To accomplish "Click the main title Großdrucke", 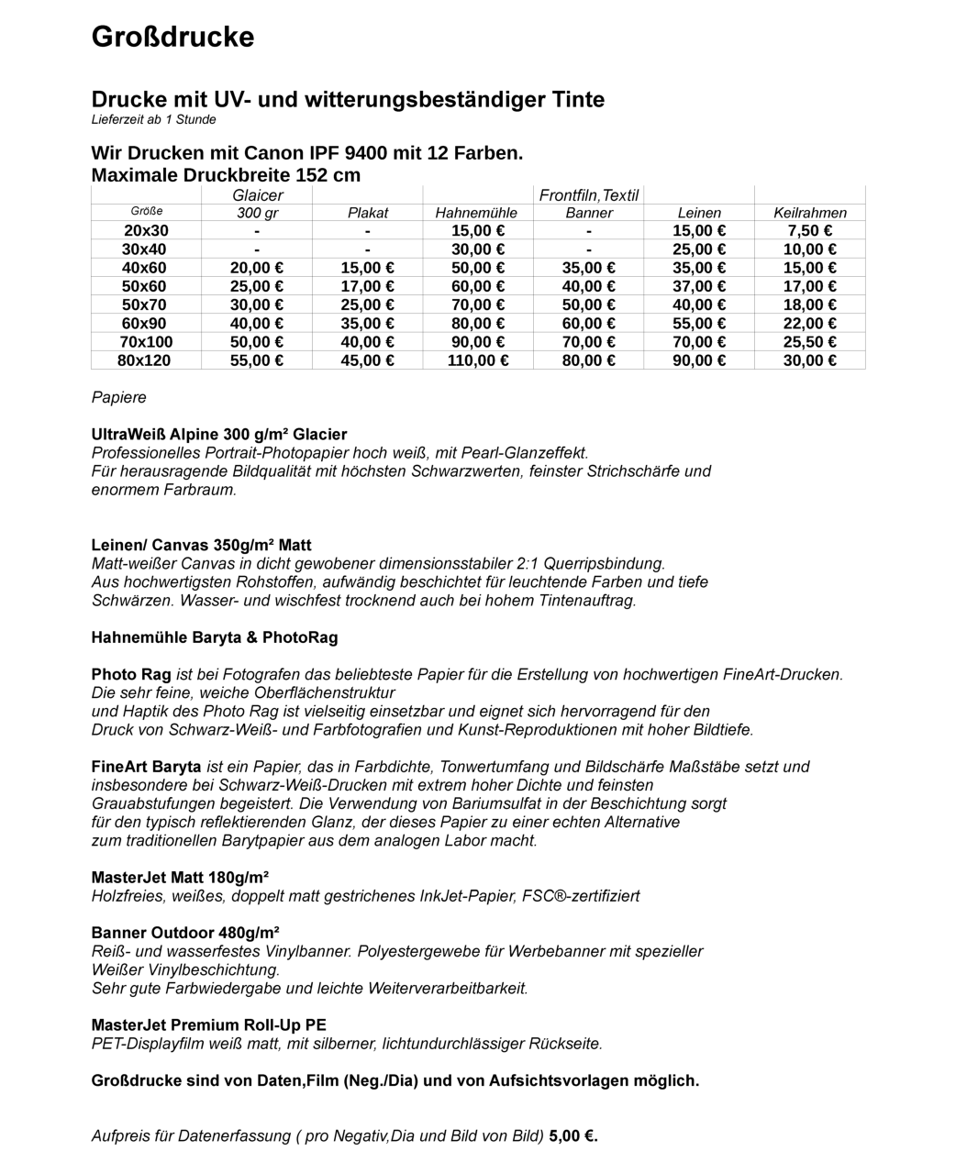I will [172, 38].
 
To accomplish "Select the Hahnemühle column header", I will [476, 213].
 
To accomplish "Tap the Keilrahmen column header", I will [809, 213].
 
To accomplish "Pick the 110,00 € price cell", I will [478, 360].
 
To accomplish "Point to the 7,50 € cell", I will [809, 231].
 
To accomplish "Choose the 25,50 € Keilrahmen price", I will [809, 342].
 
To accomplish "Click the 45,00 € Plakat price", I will [367, 360].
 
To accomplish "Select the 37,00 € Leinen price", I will [699, 286].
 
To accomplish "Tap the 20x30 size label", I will [146, 231].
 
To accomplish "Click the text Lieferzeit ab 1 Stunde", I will [154, 120].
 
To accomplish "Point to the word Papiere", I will [118, 397].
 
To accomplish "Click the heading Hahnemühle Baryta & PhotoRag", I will [215, 637].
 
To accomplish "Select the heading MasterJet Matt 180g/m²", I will [180, 878].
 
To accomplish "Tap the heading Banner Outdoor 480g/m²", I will [185, 933].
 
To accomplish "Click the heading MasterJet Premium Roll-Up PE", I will [208, 1025].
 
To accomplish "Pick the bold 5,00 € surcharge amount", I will [573, 1136].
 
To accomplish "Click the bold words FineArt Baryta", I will [146, 767].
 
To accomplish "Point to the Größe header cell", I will [146, 212].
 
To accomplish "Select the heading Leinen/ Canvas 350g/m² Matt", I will [201, 545].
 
